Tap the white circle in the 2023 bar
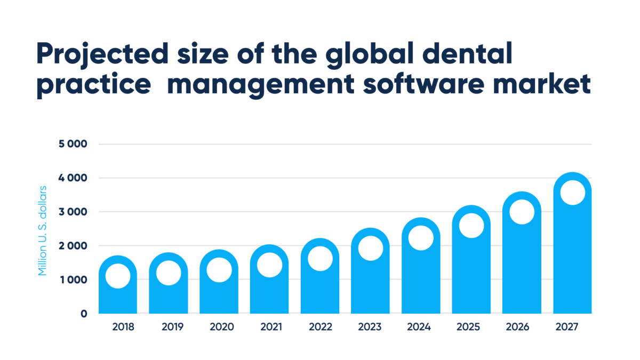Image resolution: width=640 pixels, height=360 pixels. (x=370, y=248)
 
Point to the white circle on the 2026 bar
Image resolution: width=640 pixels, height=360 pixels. (x=522, y=212)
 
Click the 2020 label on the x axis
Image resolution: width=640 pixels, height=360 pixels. (x=219, y=327)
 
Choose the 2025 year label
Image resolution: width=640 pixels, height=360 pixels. (x=471, y=327)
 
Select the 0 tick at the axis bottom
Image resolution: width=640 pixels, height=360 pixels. (x=83, y=314)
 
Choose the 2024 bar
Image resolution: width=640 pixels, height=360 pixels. (x=421, y=283)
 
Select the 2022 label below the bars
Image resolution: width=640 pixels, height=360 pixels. (x=319, y=327)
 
